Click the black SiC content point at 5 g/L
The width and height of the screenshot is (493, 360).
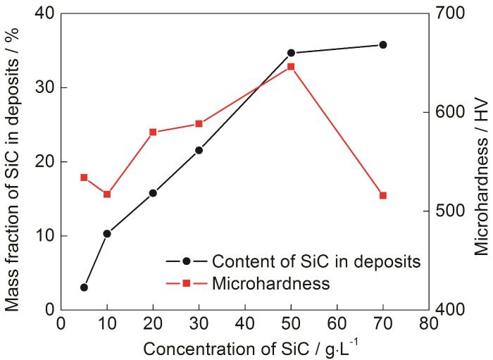click(84, 287)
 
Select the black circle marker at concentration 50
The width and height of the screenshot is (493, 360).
click(291, 53)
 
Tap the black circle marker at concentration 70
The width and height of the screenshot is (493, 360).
click(383, 44)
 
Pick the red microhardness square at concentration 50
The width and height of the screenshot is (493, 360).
click(291, 67)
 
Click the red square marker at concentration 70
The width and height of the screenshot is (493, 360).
click(383, 195)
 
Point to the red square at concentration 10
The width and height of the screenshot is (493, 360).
click(107, 194)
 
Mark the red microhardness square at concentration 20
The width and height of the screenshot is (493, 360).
click(153, 132)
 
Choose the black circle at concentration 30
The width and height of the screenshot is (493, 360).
click(199, 150)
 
